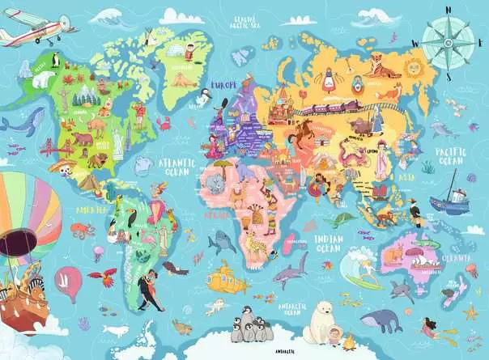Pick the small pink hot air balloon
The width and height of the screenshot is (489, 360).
pos(70,283)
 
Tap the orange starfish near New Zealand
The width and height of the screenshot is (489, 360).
pos(470,311)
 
